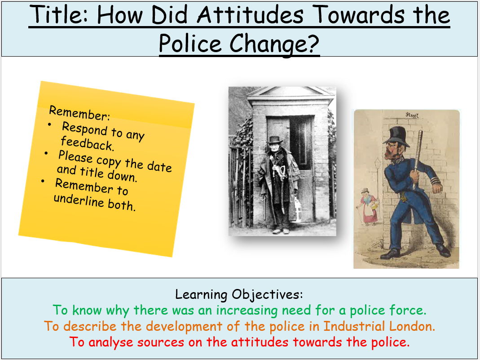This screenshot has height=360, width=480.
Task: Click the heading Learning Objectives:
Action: pyautogui.click(x=239, y=295)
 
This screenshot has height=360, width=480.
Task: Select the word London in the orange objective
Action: pyautogui.click(x=414, y=326)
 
